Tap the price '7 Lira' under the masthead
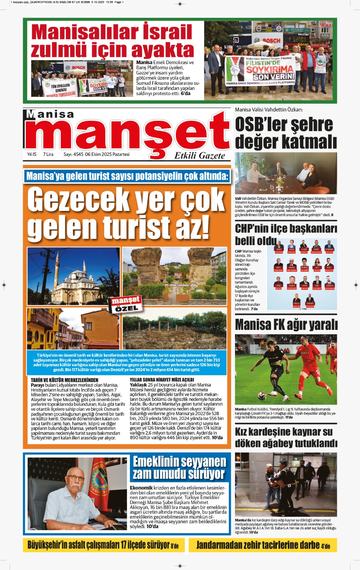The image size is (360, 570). [48, 154]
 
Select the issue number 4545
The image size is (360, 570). [78, 154]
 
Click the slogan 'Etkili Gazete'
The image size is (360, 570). [199, 156]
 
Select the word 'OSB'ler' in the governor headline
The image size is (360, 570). [261, 125]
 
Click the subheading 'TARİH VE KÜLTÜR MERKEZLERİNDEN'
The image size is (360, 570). [64, 380]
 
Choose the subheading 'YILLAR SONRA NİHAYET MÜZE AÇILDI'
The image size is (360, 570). [162, 380]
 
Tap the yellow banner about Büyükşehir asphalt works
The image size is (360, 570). [103, 545]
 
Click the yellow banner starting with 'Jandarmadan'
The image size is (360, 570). [263, 545]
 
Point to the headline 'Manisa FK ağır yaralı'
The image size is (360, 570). [286, 325]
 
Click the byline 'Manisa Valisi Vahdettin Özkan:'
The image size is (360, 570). [269, 110]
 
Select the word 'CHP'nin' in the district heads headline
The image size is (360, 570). [252, 228]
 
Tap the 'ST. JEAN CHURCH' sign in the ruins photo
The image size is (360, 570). [176, 285]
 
